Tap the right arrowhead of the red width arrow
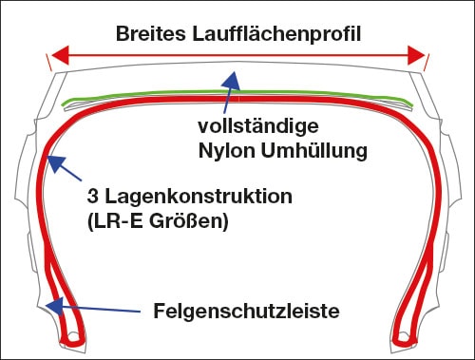(x=416, y=56)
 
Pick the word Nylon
(x=225, y=150)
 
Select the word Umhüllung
(x=314, y=150)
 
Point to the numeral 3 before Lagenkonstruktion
(x=91, y=199)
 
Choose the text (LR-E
(x=116, y=223)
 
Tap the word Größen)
(x=195, y=223)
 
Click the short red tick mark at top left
(x=47, y=63)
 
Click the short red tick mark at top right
(x=427, y=63)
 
